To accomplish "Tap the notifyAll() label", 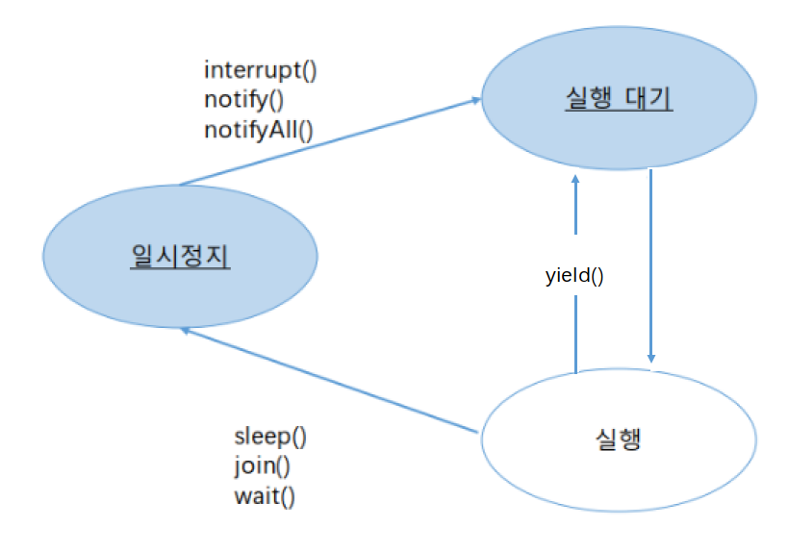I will pos(259,128).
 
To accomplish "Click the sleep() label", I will pos(270,437).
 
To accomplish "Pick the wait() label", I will pos(265,496).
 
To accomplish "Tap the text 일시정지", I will pos(180,256).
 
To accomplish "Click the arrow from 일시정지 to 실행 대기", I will pos(327,141).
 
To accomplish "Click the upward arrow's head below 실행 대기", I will pos(575,181).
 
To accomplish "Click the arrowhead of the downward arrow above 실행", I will pos(651,358).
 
